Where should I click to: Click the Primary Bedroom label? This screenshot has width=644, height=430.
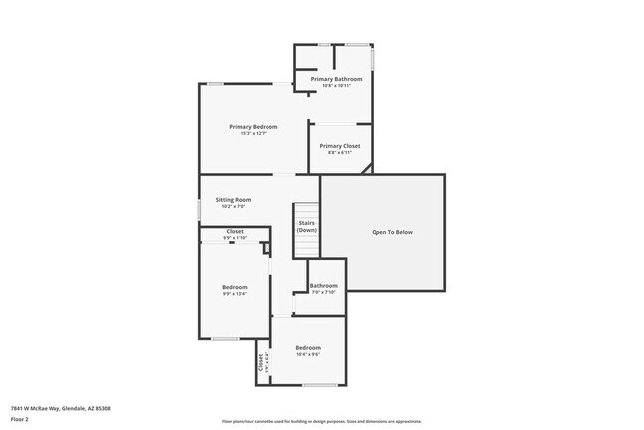(253, 126)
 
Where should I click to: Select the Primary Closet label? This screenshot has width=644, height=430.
(339, 146)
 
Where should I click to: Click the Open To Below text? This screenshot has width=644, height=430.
(391, 232)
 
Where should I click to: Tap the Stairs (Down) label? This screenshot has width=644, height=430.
(306, 226)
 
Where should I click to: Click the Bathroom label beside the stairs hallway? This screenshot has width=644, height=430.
(324, 286)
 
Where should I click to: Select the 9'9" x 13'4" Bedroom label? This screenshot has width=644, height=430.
(234, 287)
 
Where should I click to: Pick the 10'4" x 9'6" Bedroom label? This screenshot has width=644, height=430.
(307, 347)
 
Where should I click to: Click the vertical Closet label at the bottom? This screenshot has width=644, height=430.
(261, 362)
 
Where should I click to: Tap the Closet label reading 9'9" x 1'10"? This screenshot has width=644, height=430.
(234, 231)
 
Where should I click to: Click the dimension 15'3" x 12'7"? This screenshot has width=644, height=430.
(253, 133)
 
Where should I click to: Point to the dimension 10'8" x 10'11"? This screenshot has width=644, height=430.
(337, 86)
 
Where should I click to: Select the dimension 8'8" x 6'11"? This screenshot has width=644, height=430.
(339, 153)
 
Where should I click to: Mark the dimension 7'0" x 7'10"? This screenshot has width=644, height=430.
(324, 292)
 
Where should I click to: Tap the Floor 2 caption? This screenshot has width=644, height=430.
(20, 419)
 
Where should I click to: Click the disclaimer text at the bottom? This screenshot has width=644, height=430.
(321, 421)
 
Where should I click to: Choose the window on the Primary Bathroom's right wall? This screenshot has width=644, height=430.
(373, 57)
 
